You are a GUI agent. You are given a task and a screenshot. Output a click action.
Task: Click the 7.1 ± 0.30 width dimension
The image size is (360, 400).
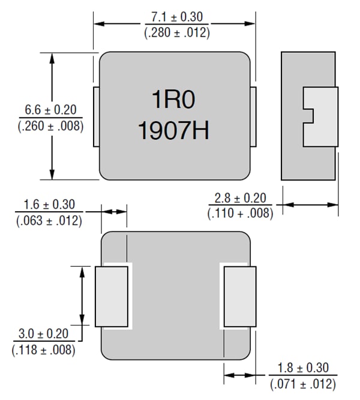[x=176, y=17]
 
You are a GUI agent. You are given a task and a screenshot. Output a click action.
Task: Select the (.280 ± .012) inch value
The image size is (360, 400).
[x=176, y=33]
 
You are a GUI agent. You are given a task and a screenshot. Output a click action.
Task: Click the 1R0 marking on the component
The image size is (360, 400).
[x=174, y=100]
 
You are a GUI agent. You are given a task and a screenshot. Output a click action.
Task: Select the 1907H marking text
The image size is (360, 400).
[x=174, y=131]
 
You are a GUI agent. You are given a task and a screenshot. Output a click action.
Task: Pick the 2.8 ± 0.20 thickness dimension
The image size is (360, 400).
[x=240, y=198]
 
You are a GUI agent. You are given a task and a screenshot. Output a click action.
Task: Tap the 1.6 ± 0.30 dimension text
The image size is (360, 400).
[x=49, y=206]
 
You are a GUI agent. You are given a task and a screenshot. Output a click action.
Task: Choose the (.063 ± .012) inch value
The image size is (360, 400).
[x=49, y=221]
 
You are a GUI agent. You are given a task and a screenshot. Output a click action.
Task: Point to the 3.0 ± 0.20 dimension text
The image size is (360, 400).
[x=46, y=334]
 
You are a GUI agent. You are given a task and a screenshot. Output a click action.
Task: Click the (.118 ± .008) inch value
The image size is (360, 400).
[x=46, y=349]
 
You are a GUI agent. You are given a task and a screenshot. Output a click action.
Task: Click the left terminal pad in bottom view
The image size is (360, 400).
[x=112, y=296]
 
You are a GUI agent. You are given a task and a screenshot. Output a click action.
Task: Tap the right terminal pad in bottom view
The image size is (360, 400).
[x=239, y=296]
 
